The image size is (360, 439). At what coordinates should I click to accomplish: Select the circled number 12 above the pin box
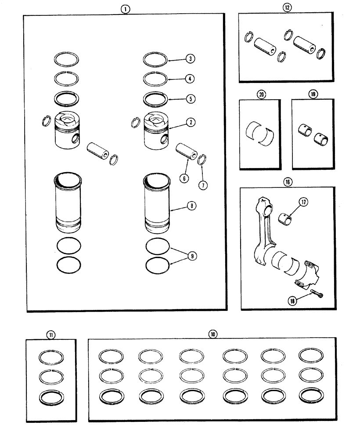[x=287, y=8]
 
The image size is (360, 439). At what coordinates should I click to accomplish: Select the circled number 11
[x=51, y=335]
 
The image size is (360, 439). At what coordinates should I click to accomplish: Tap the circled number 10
[x=212, y=334]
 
